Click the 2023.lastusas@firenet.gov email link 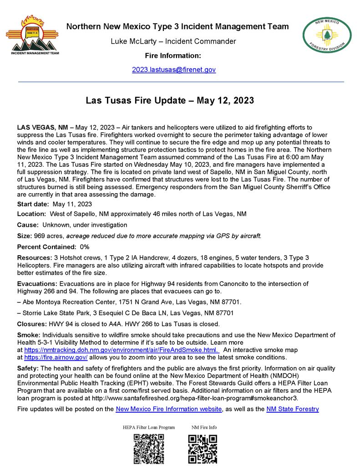[173, 70]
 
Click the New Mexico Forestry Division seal [327, 36]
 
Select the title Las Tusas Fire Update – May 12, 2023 [170, 100]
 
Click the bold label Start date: [34, 204]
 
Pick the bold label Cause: [28, 225]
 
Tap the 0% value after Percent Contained [85, 247]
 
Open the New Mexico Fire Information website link [169, 409]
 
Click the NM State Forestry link [293, 409]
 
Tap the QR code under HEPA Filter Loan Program [148, 449]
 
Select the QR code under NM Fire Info [203, 449]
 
